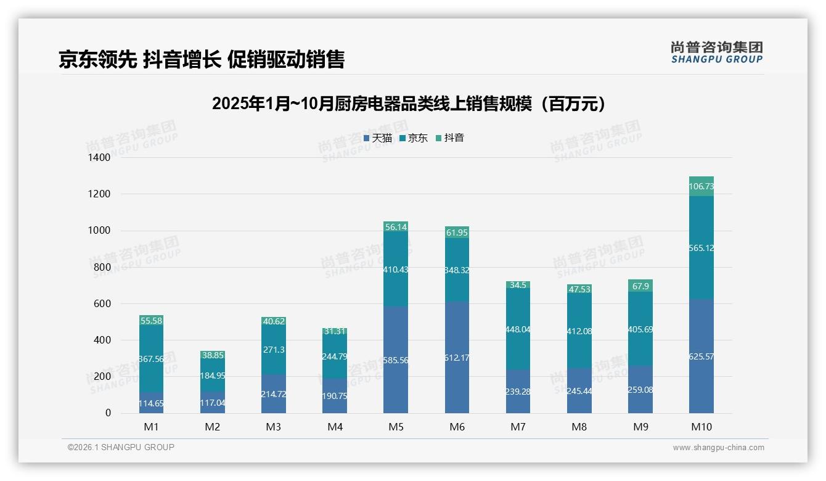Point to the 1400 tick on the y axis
tap(99, 158)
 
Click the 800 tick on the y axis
tap(102, 267)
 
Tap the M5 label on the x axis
tap(396, 427)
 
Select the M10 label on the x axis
tap(701, 427)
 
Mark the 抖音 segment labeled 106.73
tap(701, 187)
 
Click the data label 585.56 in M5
tap(396, 360)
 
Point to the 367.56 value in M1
tap(151, 359)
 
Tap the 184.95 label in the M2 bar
tap(212, 376)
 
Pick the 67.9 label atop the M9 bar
tap(640, 286)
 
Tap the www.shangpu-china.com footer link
tap(718, 448)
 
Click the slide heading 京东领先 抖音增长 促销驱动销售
tap(202, 60)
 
